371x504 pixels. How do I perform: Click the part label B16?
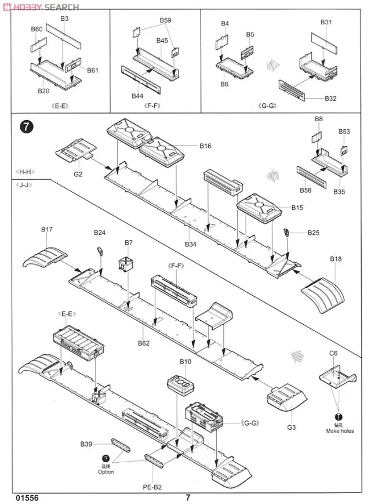point(205,146)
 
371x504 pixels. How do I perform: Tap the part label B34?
point(191,244)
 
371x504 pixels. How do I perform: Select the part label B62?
point(144,343)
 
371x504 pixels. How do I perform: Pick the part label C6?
point(333,353)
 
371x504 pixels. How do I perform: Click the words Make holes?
point(340,431)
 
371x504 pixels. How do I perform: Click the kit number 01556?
point(28,497)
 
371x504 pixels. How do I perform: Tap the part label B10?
point(185,362)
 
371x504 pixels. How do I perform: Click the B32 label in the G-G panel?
point(330,99)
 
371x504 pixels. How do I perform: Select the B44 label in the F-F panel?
point(137,96)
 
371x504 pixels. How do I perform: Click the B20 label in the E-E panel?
point(43,90)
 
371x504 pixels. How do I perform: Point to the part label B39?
point(86,444)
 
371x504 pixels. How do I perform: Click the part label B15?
point(297,208)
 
